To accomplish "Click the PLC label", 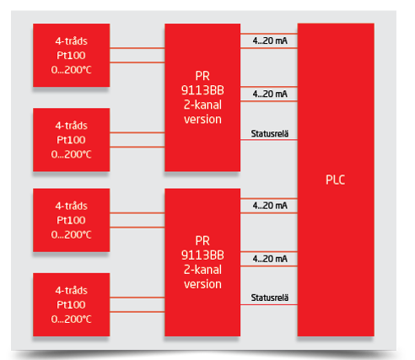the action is [x=335, y=180].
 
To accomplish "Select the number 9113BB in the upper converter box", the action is [x=202, y=90].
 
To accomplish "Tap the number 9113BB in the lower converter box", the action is [x=202, y=255].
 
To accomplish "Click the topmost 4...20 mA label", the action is [x=270, y=40].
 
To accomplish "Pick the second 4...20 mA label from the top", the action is [x=270, y=94].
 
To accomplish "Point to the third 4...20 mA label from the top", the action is [x=270, y=206].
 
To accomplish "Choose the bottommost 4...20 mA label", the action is [x=270, y=259].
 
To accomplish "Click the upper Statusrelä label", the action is [x=270, y=133].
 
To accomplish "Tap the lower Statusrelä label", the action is [x=270, y=298].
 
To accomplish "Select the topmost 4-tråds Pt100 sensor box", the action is [x=72, y=55].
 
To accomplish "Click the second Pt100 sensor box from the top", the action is [x=72, y=140].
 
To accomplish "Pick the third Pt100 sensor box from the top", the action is [x=72, y=220].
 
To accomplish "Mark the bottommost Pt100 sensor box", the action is [x=72, y=304].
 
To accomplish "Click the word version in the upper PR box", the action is [x=202, y=120].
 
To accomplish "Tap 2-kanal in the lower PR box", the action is [x=202, y=270].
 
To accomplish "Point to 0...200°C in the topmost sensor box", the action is [x=72, y=70].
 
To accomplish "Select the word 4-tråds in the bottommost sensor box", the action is [x=72, y=290].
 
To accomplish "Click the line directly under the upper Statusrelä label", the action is [x=269, y=140].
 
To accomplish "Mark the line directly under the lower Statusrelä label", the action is [x=269, y=304].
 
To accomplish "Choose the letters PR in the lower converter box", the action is [x=202, y=241].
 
